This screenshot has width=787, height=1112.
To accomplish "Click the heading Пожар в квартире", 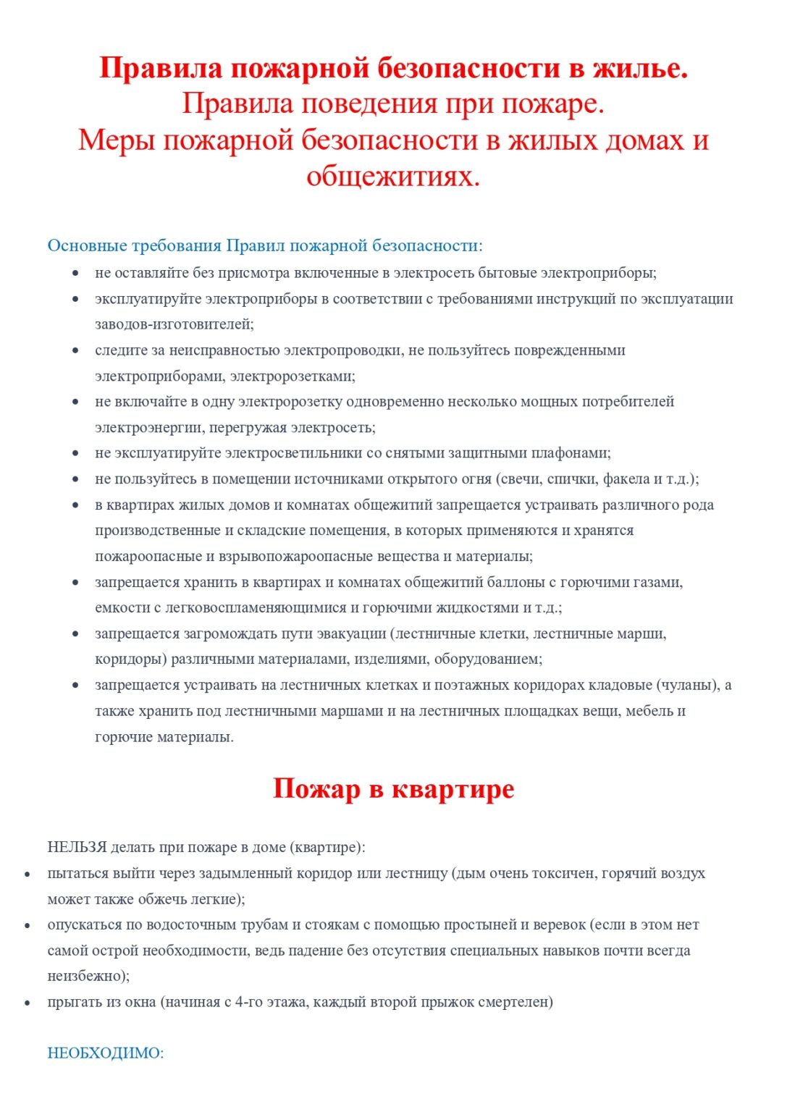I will click(393, 788).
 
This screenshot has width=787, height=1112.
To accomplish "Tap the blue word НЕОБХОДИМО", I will click(104, 1053).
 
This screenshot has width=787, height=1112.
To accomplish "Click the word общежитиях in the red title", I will click(393, 176).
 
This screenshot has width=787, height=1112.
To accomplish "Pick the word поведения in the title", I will click(369, 104).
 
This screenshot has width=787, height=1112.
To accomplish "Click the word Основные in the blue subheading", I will click(87, 245).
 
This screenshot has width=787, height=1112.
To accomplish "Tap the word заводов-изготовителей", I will click(174, 324).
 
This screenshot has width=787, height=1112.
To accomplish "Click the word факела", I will click(625, 479).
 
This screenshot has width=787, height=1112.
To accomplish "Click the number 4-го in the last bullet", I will click(252, 1002).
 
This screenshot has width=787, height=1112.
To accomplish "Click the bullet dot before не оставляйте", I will click(75, 273).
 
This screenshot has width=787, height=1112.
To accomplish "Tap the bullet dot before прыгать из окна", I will click(28, 1003).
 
